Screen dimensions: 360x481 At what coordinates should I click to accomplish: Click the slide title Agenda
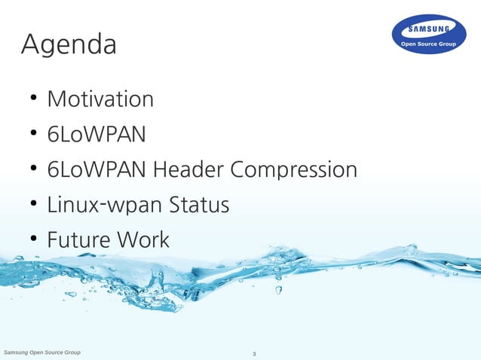(x=69, y=45)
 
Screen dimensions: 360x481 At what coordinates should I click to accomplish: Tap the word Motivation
(x=100, y=99)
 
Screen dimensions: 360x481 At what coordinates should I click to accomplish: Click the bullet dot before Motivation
(x=34, y=99)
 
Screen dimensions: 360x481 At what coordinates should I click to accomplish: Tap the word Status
(x=199, y=205)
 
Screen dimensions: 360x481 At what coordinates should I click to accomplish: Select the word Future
(x=78, y=240)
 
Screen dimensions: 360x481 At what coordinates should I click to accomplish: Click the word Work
(x=142, y=240)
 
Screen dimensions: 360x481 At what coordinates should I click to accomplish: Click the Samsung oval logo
(x=428, y=35)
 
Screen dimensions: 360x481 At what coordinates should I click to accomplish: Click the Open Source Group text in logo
(x=428, y=44)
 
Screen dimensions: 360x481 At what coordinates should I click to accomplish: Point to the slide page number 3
(x=254, y=354)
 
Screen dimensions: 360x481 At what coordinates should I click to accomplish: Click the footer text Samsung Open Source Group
(x=42, y=352)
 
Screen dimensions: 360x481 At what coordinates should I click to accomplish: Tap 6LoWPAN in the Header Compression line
(x=97, y=169)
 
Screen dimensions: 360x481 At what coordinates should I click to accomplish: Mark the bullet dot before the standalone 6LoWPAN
(x=34, y=134)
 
